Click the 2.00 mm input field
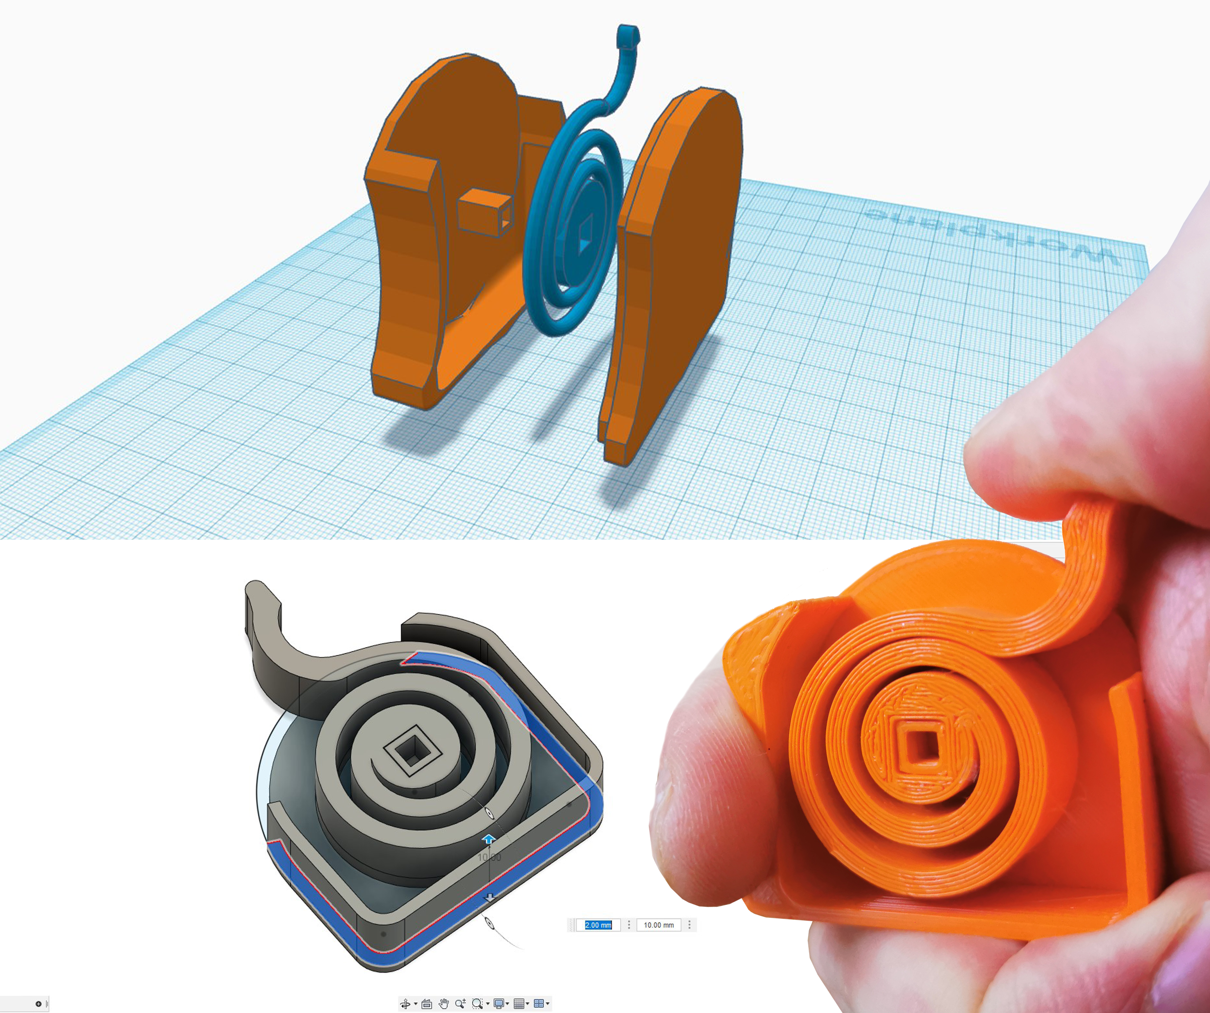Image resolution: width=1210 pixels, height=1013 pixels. [598, 925]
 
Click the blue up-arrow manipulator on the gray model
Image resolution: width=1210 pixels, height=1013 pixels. [488, 839]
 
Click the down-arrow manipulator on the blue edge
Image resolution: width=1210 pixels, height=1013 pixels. [490, 898]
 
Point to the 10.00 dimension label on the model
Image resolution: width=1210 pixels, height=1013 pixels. [489, 857]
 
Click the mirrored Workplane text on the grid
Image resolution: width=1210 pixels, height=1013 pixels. [991, 236]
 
